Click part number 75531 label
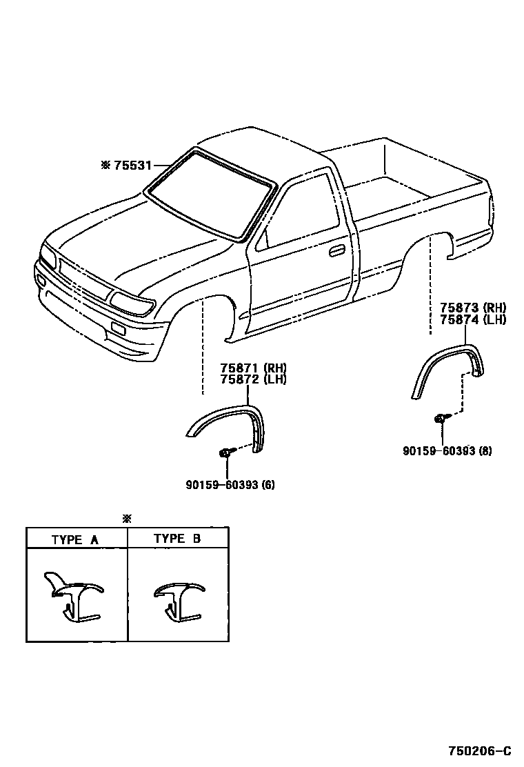point(132,166)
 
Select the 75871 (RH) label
point(253,368)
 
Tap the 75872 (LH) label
point(253,379)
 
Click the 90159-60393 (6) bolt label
point(230,484)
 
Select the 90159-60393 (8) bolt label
point(447,451)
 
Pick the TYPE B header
point(177,539)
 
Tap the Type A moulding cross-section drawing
point(72,596)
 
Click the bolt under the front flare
point(225,452)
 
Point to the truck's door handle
point(337,250)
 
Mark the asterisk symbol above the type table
point(126,519)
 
